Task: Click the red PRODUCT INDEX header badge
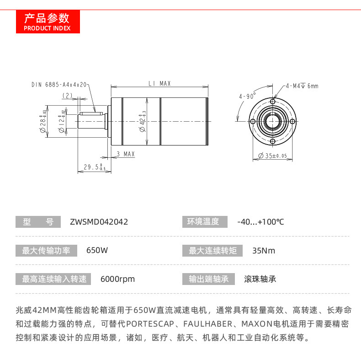click(x=48, y=21)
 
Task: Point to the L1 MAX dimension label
click(x=159, y=83)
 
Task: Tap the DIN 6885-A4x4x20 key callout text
click(x=59, y=85)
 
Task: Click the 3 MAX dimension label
click(x=126, y=154)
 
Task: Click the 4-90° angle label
click(x=247, y=97)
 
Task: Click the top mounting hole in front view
click(x=273, y=101)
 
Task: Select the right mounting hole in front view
click(x=292, y=121)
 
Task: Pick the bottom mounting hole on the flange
click(x=273, y=140)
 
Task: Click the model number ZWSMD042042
click(x=99, y=222)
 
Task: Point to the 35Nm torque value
click(x=264, y=251)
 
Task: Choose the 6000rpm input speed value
click(x=117, y=279)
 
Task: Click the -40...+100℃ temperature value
click(x=260, y=222)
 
